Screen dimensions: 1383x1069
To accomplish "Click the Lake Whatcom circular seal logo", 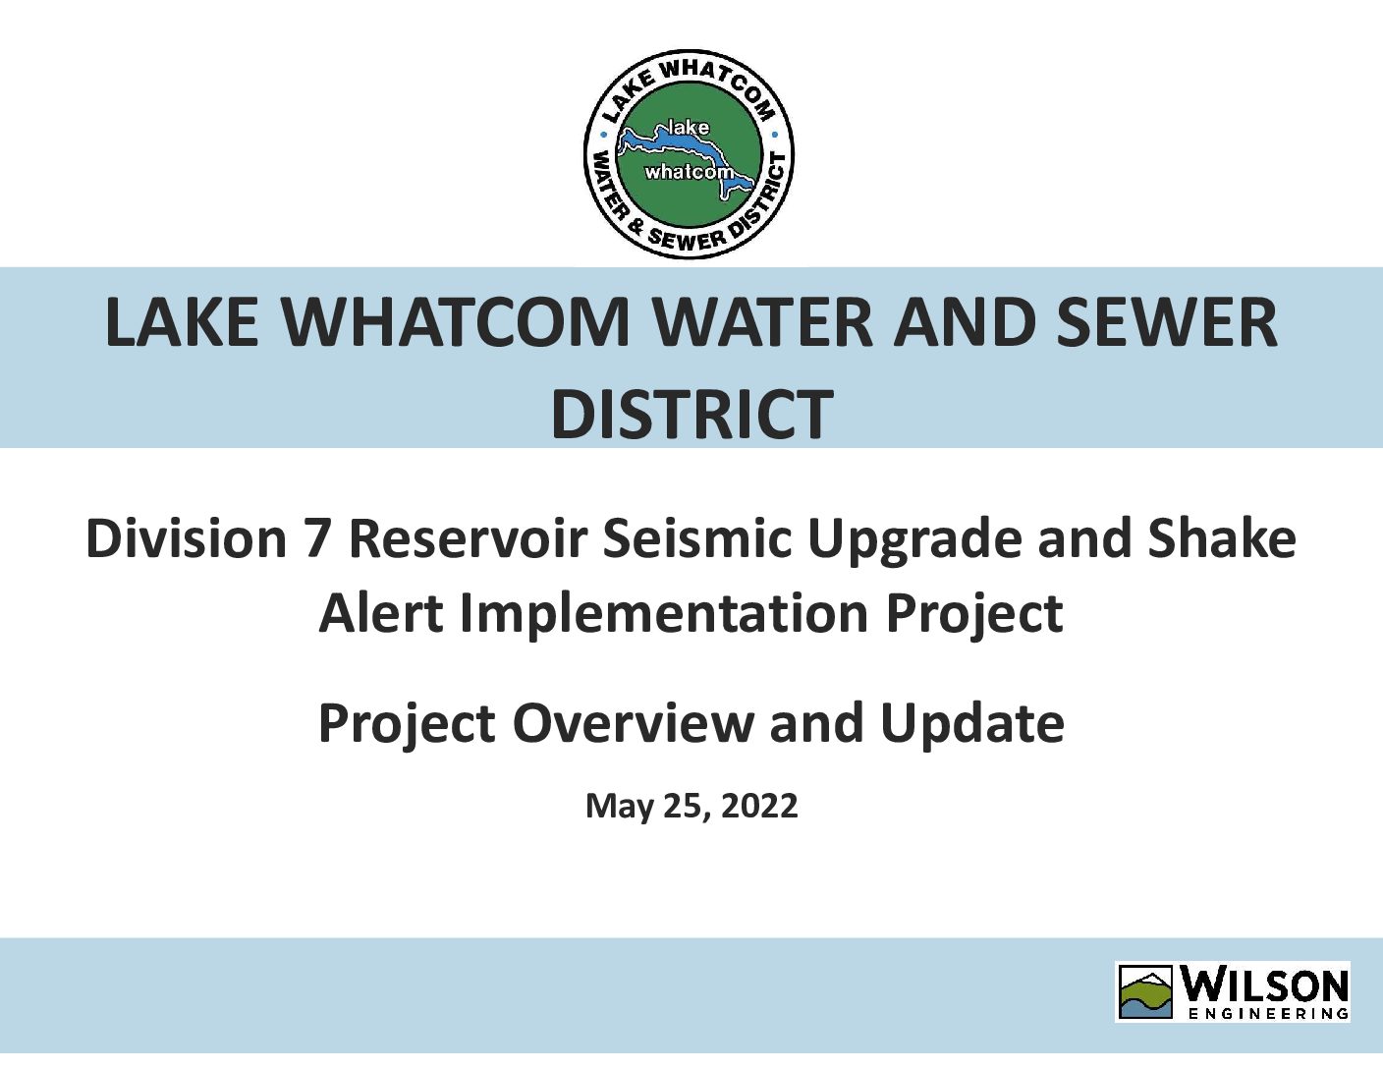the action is click(x=689, y=154).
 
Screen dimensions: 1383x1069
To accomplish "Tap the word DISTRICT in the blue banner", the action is click(x=691, y=415).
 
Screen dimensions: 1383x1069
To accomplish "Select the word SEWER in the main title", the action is click(x=1167, y=322).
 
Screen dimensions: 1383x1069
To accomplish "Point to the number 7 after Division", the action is click(x=317, y=538).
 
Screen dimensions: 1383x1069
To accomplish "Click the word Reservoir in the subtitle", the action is click(x=468, y=538).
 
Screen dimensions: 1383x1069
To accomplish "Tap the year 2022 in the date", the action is click(x=759, y=806).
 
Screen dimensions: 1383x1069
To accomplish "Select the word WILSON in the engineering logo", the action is click(x=1266, y=985).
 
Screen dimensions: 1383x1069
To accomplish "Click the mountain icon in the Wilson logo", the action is click(x=1146, y=992).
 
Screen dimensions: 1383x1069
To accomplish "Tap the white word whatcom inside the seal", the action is click(x=689, y=172).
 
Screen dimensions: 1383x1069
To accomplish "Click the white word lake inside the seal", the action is click(x=688, y=128).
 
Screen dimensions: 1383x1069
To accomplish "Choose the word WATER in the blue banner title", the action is click(x=764, y=322).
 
